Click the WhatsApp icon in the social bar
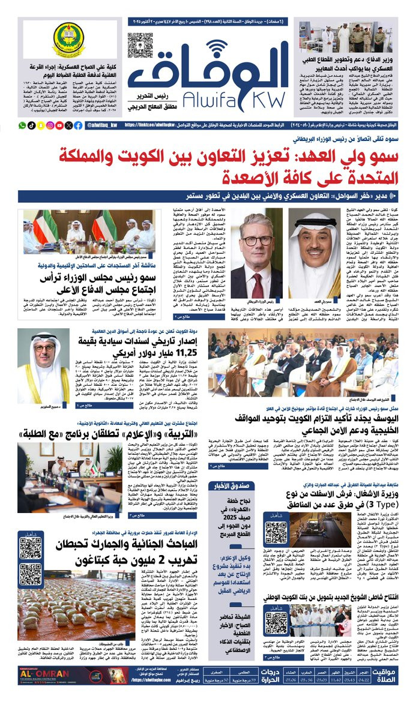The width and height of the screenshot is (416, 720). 22,125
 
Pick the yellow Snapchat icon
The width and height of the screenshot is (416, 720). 41,125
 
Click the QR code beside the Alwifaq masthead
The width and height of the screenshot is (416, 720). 140,45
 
